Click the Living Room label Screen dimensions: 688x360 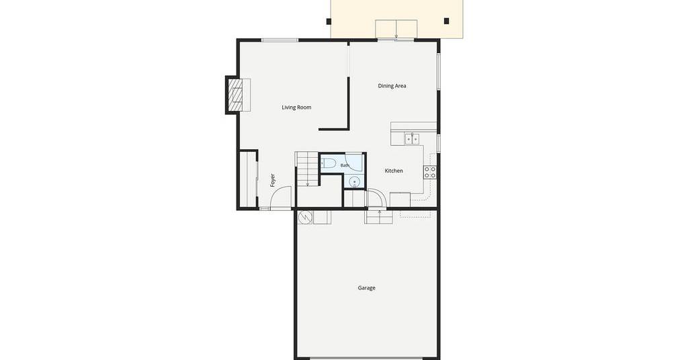[296, 107]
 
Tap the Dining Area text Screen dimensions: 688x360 [392, 86]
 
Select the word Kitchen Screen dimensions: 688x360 [394, 171]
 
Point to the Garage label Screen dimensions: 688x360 [366, 288]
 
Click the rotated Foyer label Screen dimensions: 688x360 [273, 180]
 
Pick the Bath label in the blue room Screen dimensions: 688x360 [345, 165]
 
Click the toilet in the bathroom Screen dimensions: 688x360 [328, 164]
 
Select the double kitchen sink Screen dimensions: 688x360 [412, 139]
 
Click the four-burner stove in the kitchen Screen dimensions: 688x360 [430, 173]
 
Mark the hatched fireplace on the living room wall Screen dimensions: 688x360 [235, 95]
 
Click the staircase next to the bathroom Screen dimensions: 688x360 [307, 169]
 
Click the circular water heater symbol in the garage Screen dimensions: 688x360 [305, 217]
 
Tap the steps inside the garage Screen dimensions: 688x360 [379, 217]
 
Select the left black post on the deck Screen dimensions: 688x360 [329, 21]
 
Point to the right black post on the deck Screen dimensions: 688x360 [447, 21]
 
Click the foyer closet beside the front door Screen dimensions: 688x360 [248, 179]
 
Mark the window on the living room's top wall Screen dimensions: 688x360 [280, 40]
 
